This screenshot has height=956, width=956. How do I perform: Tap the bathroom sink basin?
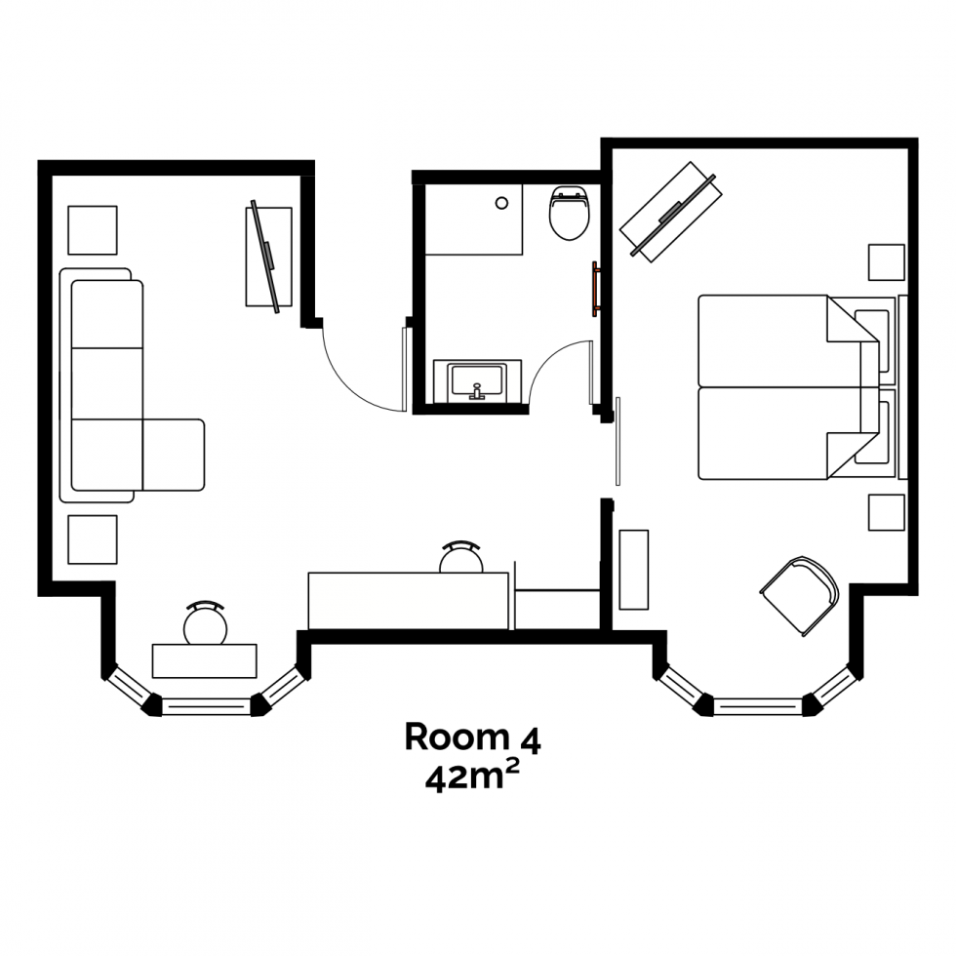[476, 378]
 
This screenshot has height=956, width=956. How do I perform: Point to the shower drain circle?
[501, 204]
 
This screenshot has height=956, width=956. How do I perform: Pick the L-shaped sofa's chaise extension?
[174, 454]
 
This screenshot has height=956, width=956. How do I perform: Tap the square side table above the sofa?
[92, 230]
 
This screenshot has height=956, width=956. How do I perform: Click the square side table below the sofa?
[92, 539]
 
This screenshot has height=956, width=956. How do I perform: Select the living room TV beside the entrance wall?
[267, 256]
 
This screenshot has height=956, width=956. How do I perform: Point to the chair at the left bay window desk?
[206, 623]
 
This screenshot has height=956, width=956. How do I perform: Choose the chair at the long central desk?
[460, 559]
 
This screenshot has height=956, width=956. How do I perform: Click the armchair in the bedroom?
[801, 594]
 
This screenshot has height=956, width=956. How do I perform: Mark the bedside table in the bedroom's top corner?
[886, 262]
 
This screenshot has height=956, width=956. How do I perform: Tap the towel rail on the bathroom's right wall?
[593, 290]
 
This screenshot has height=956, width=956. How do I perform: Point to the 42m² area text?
[472, 778]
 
